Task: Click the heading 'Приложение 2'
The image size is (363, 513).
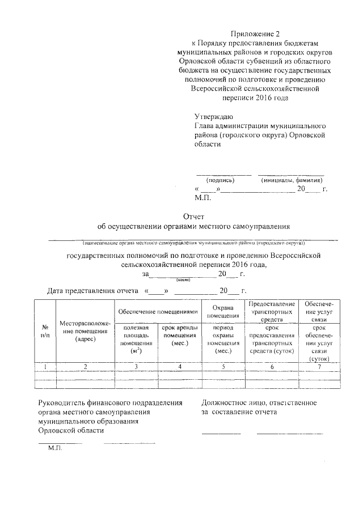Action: pyautogui.click(x=258, y=34)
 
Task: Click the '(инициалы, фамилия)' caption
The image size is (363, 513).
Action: pyautogui.click(x=292, y=180)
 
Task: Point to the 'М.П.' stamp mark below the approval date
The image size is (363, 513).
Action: pyautogui.click(x=202, y=198)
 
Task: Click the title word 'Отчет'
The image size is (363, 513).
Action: pyautogui.click(x=193, y=217)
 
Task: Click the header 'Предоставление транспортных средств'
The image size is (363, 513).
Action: pyautogui.click(x=271, y=311)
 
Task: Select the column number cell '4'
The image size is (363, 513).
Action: pyautogui.click(x=179, y=367)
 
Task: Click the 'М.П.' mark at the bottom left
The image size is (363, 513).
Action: pyautogui.click(x=55, y=448)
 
